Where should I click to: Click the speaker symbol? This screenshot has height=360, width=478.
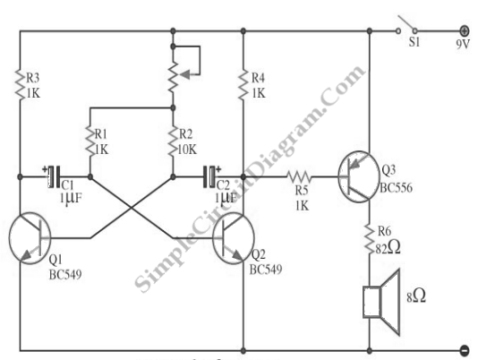(x=381, y=302)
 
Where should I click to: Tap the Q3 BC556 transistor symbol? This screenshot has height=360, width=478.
(x=359, y=177)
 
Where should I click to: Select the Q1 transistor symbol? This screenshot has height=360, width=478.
(x=30, y=238)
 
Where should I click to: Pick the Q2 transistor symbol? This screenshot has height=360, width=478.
(x=234, y=238)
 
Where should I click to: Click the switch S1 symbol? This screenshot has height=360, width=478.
(x=406, y=25)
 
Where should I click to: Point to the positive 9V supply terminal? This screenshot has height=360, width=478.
(x=464, y=30)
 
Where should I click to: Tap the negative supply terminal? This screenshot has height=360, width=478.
(x=465, y=350)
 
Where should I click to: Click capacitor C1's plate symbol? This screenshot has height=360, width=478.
(x=55, y=176)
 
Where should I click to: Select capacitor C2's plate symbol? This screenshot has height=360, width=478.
(x=209, y=176)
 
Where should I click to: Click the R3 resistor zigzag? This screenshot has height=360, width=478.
(x=20, y=85)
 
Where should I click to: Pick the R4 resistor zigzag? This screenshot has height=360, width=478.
(x=243, y=85)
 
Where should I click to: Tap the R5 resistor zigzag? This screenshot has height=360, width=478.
(x=299, y=176)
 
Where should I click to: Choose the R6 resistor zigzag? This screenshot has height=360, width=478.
(x=370, y=239)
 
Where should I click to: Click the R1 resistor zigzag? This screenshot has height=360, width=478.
(x=90, y=141)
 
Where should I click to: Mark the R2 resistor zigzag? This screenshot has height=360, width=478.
(x=173, y=141)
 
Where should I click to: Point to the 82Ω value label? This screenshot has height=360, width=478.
(x=388, y=248)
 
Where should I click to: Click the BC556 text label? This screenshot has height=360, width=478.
(x=396, y=188)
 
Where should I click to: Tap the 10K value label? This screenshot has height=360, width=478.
(x=187, y=150)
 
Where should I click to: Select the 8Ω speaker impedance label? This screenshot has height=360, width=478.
(x=416, y=296)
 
